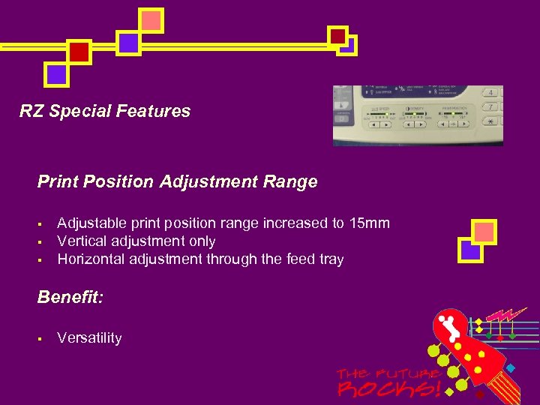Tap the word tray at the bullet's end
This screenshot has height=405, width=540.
pyautogui.click(x=330, y=259)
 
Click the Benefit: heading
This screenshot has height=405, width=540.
pyautogui.click(x=70, y=297)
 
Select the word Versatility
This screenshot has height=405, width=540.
pyautogui.click(x=89, y=338)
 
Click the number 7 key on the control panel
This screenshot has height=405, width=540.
pyautogui.click(x=490, y=107)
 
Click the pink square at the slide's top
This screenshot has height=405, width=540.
pyautogui.click(x=151, y=20)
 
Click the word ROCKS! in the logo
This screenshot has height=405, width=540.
pyautogui.click(x=389, y=388)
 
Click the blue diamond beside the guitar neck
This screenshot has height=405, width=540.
pyautogui.click(x=511, y=368)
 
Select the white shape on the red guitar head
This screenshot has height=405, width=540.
pyautogui.click(x=451, y=327)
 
